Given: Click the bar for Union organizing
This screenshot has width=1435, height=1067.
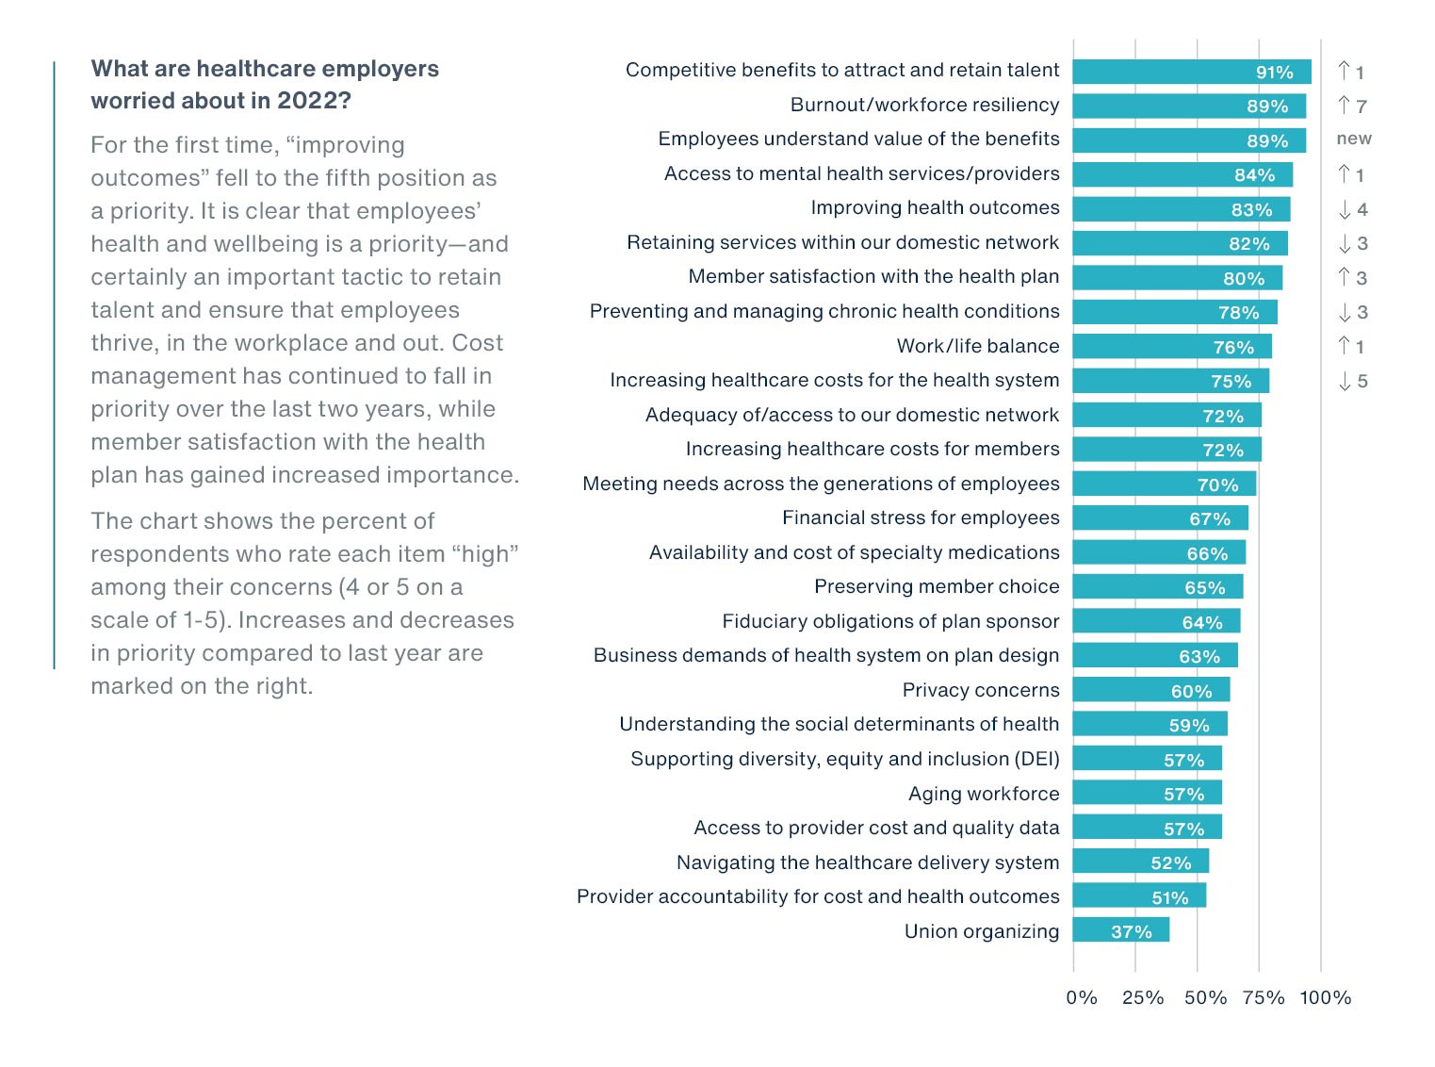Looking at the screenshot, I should click(1120, 930).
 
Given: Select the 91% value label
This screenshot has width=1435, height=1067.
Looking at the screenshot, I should click(1274, 73).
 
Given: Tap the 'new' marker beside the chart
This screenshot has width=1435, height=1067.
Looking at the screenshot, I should click(1354, 139).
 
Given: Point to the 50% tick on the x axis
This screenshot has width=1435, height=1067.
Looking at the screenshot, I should click(1205, 997).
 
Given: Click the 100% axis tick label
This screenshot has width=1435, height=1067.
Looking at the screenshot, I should click(1325, 997).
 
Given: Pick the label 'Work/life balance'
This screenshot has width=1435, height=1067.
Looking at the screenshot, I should click(977, 346).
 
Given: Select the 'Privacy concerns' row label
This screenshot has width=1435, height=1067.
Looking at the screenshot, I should click(980, 690).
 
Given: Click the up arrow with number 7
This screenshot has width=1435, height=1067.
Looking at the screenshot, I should click(1352, 106).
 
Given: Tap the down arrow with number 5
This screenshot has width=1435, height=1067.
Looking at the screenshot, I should click(1352, 381).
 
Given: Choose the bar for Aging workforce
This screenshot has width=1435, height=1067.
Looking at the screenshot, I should click(1147, 793).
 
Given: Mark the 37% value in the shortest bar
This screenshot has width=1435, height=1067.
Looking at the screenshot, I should click(1131, 932).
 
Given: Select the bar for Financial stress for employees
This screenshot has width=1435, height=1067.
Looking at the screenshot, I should click(1160, 517).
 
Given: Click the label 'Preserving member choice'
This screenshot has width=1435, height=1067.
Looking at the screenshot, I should click(937, 586).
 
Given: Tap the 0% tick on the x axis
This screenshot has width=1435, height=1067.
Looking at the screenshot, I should click(1082, 997).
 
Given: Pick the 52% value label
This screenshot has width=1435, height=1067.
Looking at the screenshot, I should click(1170, 863).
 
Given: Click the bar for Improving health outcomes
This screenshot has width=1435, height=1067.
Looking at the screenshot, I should click(1181, 208).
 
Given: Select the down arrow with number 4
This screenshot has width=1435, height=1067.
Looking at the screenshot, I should click(1352, 209).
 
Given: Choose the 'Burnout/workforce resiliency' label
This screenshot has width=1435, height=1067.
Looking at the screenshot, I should click(924, 105).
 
